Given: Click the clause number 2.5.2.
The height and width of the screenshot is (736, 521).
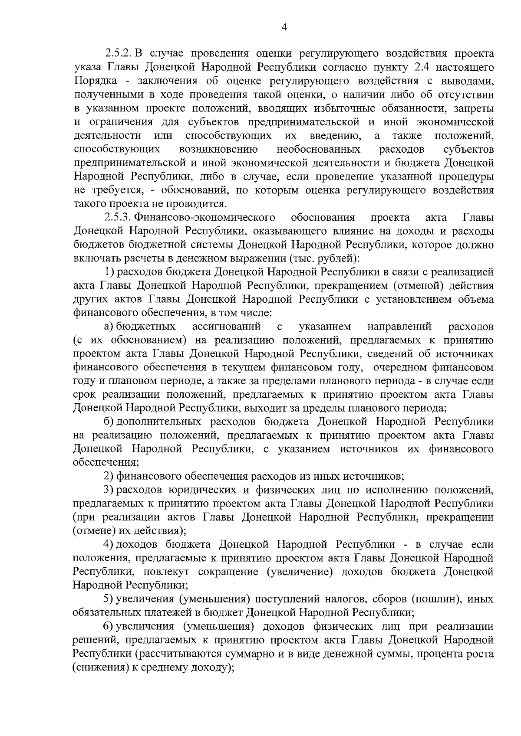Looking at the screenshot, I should (119, 54).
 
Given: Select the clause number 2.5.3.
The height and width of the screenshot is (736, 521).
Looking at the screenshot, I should (119, 217).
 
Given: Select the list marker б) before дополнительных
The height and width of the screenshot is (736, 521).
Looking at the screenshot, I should (108, 422).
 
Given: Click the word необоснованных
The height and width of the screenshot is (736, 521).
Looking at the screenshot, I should (319, 150).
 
